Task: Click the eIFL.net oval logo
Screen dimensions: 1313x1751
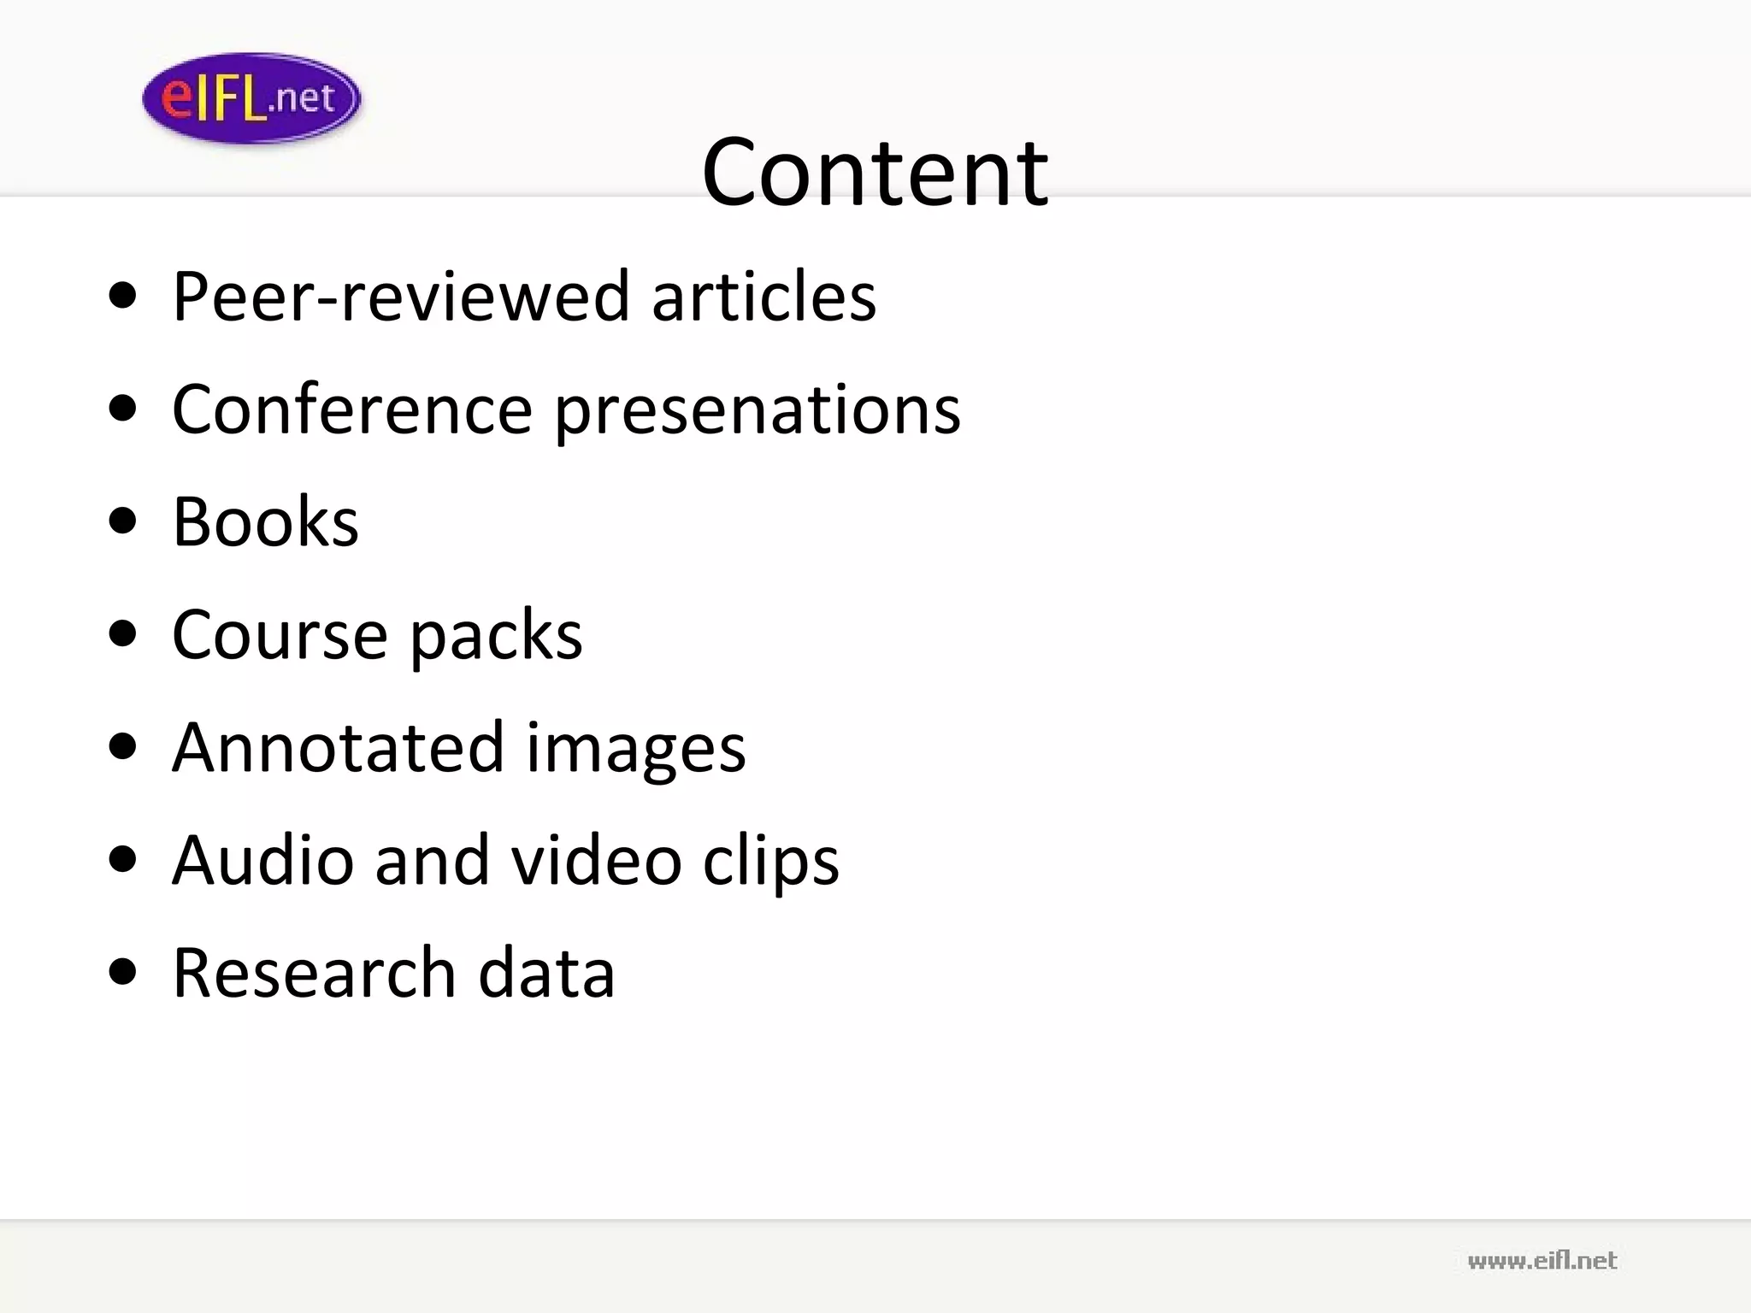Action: pos(251,98)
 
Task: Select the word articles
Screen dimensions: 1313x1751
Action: pos(763,296)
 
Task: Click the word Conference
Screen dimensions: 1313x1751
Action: pos(353,409)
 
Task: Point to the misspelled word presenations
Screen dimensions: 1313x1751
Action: pos(758,411)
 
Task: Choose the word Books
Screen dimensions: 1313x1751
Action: pos(265,521)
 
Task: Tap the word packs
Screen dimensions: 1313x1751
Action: pos(496,637)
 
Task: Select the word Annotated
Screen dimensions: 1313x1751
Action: pos(339,747)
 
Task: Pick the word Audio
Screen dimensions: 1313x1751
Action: pos(262,860)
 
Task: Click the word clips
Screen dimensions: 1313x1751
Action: pos(770,862)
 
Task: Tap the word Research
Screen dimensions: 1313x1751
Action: pos(314,973)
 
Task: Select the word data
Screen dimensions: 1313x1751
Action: pos(546,973)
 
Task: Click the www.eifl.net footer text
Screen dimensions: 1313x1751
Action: pos(1542,1261)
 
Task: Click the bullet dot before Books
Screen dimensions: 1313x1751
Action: pos(124,521)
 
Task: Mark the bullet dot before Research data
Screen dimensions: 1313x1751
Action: pos(124,972)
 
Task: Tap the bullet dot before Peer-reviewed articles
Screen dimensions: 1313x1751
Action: pos(124,295)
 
